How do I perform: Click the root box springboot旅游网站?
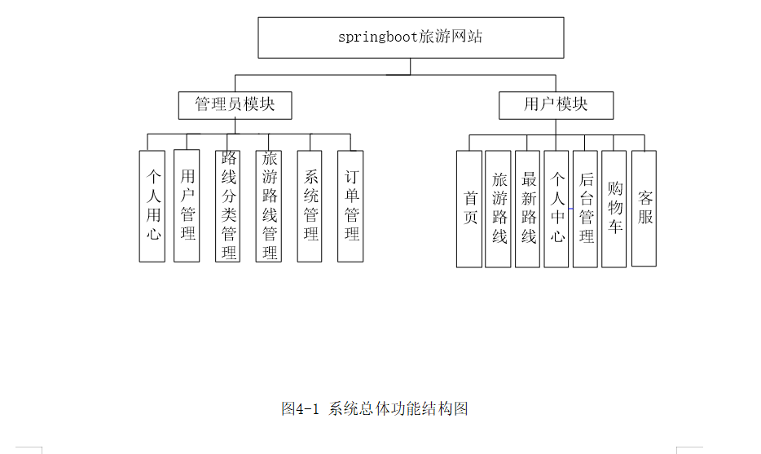tap(411, 37)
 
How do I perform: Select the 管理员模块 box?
tap(235, 105)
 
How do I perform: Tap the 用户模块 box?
tap(556, 105)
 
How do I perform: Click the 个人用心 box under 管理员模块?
tap(152, 205)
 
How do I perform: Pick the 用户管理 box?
tap(187, 205)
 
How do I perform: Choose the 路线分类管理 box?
tap(228, 205)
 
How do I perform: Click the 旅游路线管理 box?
tap(269, 205)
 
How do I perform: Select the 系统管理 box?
tap(310, 205)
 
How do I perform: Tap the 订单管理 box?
tap(350, 205)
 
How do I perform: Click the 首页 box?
tap(469, 209)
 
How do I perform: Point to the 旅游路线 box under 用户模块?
tap(498, 209)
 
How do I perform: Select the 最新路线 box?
tap(528, 209)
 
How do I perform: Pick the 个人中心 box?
tap(556, 209)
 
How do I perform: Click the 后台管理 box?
tap(586, 209)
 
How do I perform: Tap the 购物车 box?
tap(614, 209)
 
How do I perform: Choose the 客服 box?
tap(644, 208)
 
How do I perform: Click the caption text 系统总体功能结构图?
tap(398, 408)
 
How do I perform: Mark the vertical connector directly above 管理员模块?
tap(235, 83)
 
